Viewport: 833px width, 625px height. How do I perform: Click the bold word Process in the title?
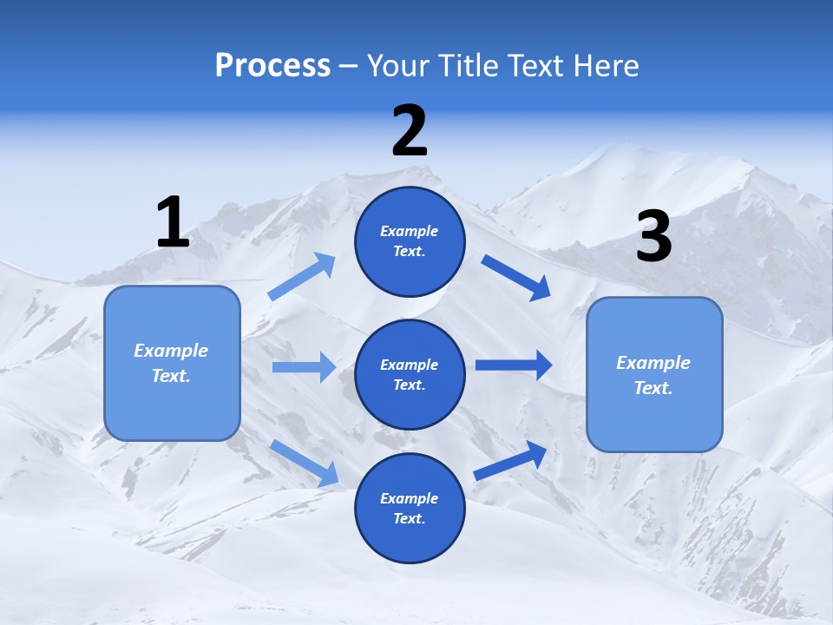click(272, 65)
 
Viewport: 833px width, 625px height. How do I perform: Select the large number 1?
click(173, 222)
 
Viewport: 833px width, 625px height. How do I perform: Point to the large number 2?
click(410, 131)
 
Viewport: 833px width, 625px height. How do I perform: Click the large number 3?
click(653, 236)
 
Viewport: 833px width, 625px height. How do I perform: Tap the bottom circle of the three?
click(410, 538)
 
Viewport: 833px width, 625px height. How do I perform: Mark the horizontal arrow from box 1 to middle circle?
click(304, 367)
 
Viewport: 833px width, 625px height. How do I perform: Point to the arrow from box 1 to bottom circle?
click(304, 462)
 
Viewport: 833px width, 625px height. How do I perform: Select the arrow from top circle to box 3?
click(516, 278)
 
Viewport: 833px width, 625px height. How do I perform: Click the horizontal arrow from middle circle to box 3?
click(513, 365)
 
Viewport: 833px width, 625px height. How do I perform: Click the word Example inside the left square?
click(171, 351)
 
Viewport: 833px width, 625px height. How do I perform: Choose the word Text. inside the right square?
click(653, 388)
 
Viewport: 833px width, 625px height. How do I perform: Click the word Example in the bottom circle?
click(410, 498)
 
